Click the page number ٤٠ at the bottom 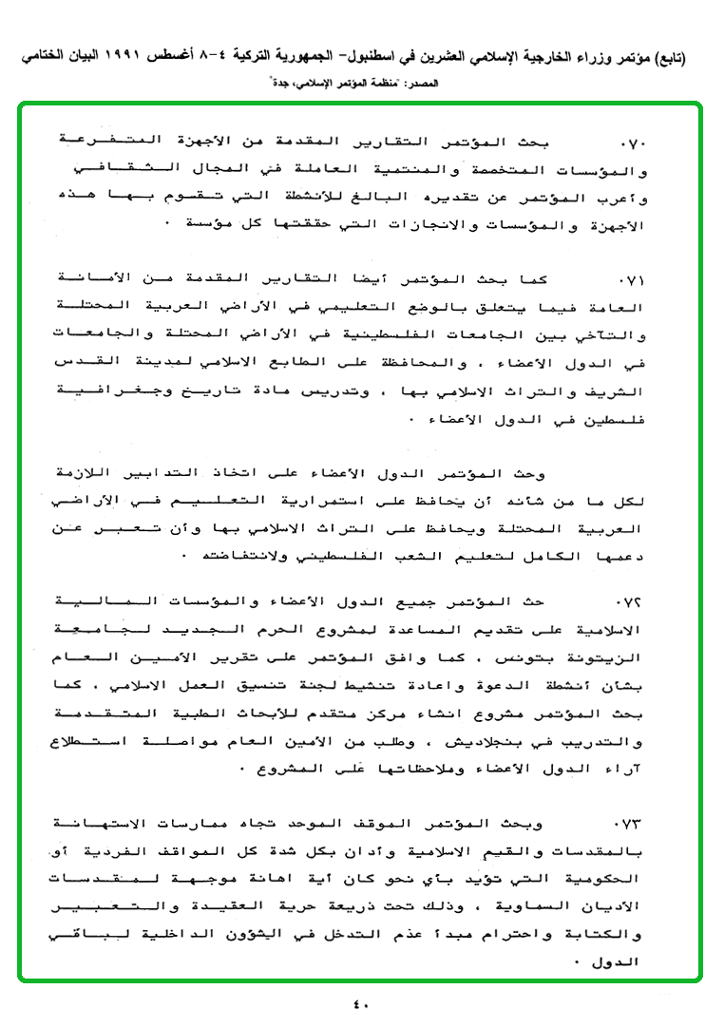pyautogui.click(x=361, y=1002)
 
